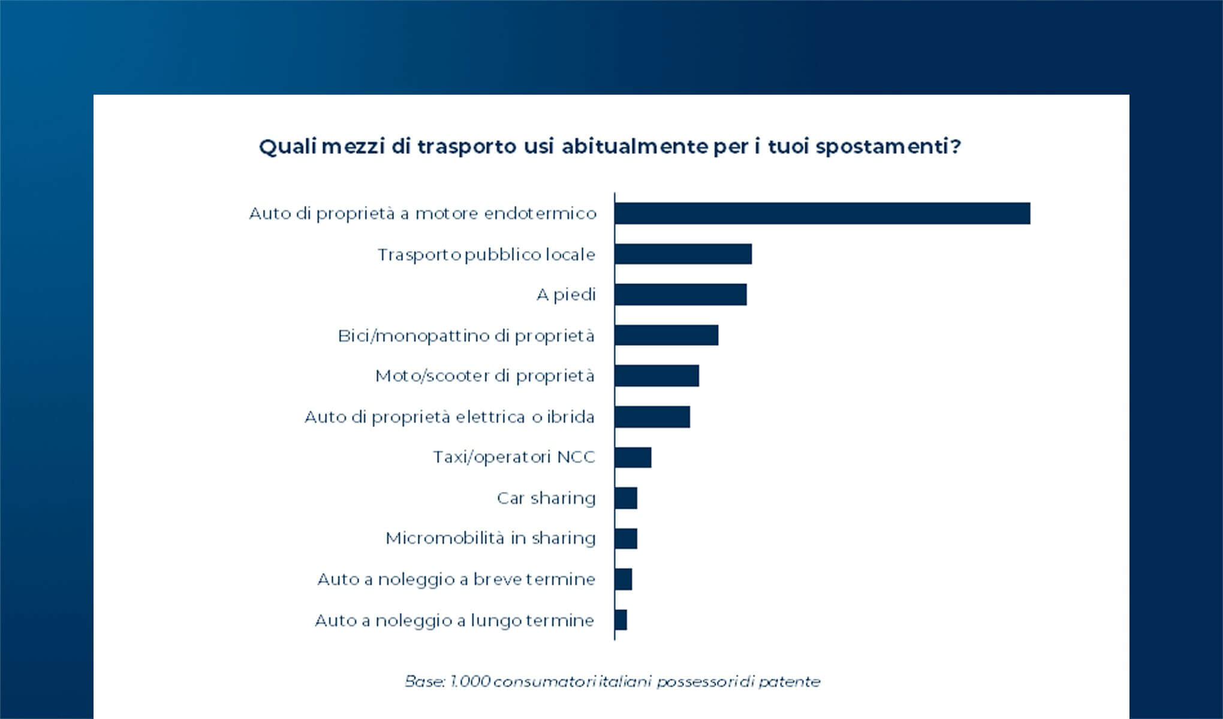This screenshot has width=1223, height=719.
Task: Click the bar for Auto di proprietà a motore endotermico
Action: pos(822,213)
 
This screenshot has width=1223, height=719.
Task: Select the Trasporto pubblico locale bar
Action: pos(683,254)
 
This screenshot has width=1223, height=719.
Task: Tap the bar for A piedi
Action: pos(680,295)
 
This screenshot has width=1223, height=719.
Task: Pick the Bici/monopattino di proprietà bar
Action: pos(666,336)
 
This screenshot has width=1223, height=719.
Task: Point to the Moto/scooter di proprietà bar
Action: pos(656,376)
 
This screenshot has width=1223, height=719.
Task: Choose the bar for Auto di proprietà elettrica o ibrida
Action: pos(652,417)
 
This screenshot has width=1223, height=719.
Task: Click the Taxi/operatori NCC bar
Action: pos(633,457)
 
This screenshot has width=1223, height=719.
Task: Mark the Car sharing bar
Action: pos(626,498)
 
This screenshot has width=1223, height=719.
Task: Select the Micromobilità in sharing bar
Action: pos(626,539)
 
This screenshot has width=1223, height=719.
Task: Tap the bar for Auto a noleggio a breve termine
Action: pos(623,579)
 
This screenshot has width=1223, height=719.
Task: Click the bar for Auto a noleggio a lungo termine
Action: pos(621,620)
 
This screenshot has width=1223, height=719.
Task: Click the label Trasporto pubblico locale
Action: pos(486,255)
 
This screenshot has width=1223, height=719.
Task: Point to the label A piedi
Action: pos(566,295)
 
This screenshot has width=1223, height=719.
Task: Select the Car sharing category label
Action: pos(546,498)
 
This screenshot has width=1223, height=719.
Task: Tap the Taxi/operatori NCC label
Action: pos(514,457)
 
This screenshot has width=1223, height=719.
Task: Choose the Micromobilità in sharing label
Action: pos(490,539)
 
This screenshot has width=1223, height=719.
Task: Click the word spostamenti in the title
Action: pos(888,147)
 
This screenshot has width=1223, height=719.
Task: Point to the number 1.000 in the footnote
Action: pos(470,682)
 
